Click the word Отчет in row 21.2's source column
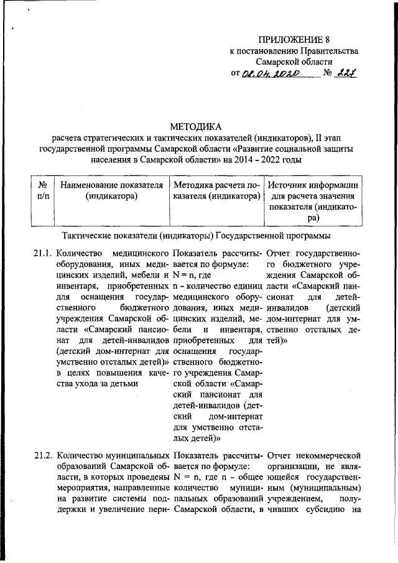pyautogui.click(x=279, y=462)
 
